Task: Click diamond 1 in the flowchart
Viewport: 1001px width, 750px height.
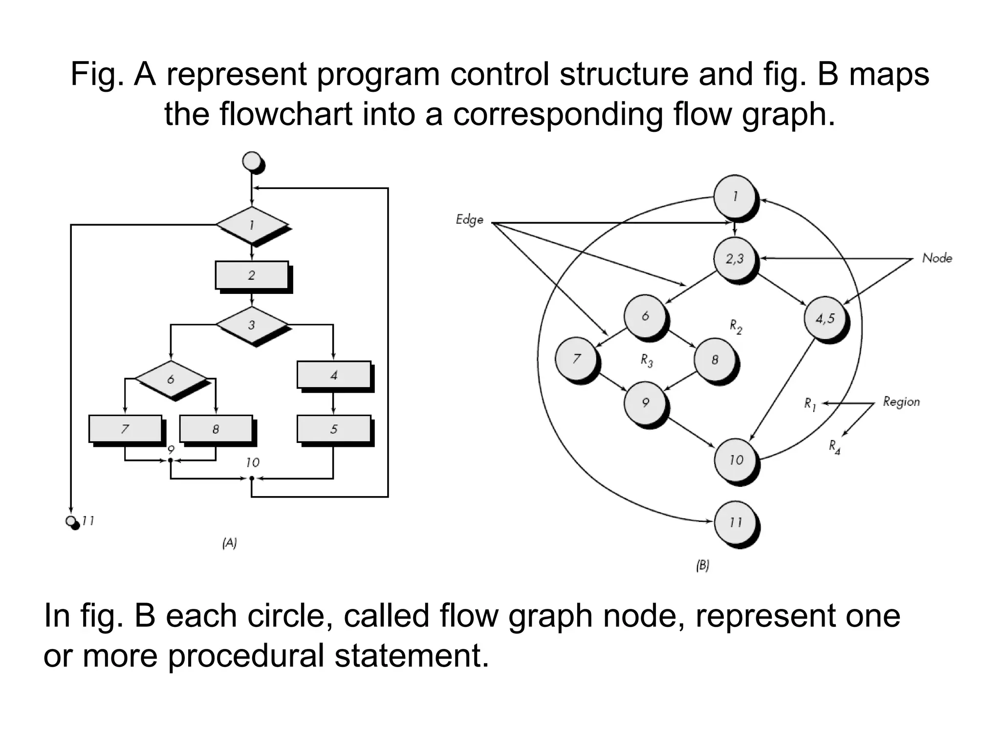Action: (252, 225)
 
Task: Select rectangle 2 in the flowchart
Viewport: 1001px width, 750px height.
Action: (251, 275)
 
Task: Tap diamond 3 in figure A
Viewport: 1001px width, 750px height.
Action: (252, 325)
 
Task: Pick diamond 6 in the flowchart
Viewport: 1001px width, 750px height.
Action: (171, 379)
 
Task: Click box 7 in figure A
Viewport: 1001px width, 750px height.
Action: (125, 429)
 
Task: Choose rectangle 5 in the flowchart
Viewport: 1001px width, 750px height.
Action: (334, 429)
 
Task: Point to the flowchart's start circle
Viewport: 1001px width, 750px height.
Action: (253, 161)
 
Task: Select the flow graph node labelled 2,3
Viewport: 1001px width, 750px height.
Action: (735, 259)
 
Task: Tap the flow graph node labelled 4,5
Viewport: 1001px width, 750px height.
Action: (825, 318)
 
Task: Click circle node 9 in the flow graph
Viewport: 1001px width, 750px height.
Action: (645, 403)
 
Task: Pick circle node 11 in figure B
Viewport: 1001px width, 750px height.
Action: (735, 522)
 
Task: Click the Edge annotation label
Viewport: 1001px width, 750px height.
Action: (469, 220)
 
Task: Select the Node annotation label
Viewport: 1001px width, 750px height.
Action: (937, 258)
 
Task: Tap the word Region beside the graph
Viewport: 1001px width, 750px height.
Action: (901, 402)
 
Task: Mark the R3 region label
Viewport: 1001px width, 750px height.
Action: (647, 361)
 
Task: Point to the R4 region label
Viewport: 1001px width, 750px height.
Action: (834, 447)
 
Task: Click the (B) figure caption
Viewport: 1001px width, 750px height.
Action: (702, 565)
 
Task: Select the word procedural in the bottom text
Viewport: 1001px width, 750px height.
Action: (246, 656)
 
